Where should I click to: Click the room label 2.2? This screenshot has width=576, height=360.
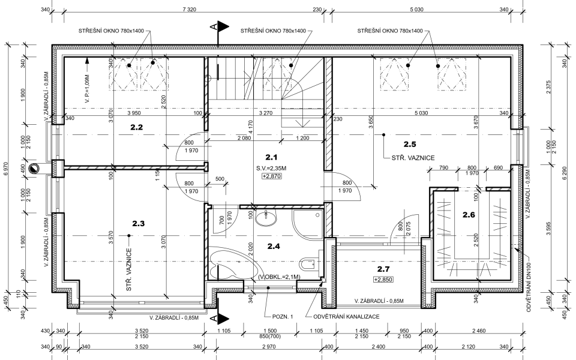pos(137,127)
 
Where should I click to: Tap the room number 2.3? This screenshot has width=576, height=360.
pos(139,223)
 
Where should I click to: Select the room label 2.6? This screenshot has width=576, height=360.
pos(469,215)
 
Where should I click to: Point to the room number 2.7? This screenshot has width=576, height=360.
pos(383,269)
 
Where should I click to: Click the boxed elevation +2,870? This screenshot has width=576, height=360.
pos(271,176)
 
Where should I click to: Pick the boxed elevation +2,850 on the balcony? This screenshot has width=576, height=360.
pos(383,280)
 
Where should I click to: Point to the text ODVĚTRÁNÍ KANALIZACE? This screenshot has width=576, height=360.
pos(346,317)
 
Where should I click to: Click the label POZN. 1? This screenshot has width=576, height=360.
pos(283,317)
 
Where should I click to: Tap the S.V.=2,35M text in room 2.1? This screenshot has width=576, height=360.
pos(271,169)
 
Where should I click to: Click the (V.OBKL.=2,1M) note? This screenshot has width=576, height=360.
pos(279,277)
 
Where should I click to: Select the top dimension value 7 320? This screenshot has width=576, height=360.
pos(189,10)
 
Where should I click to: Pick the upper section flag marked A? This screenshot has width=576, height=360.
pos(220,27)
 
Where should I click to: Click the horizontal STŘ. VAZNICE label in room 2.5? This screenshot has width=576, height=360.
pos(413,158)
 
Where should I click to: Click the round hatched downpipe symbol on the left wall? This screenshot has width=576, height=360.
pos(34,168)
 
